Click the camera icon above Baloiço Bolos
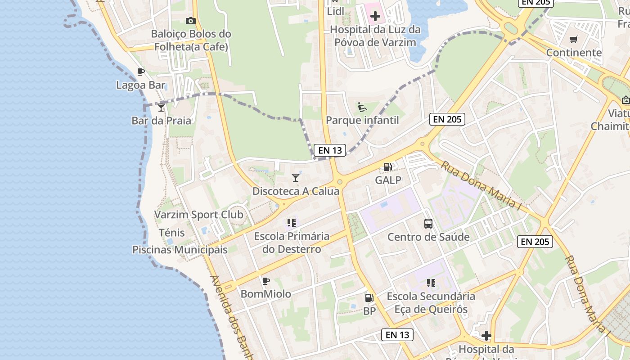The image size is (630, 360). click(x=190, y=21)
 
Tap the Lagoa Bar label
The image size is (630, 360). click(x=141, y=85)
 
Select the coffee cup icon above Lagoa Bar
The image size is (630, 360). click(x=141, y=72)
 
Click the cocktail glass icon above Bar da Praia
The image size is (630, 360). click(x=161, y=107)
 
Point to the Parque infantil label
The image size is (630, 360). click(x=362, y=120)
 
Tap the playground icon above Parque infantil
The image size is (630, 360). click(x=362, y=107)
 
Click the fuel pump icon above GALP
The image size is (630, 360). click(x=387, y=167)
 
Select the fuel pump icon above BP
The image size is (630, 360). click(x=369, y=297)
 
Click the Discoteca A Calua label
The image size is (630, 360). click(x=296, y=191)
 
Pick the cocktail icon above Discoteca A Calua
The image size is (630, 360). click(x=296, y=178)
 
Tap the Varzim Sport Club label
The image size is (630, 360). click(x=199, y=215)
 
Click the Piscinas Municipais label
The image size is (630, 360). click(x=180, y=250)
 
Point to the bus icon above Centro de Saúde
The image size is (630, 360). click(x=428, y=224)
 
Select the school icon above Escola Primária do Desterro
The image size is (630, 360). click(x=292, y=222)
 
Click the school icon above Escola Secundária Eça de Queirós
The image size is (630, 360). click(x=431, y=283)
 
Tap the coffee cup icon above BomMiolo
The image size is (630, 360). click(x=266, y=281)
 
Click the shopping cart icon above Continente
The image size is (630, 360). click(x=573, y=40)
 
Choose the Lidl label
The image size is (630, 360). click(x=335, y=11)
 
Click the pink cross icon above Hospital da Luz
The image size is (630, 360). click(x=375, y=17)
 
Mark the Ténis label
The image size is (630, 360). click(x=172, y=233)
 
